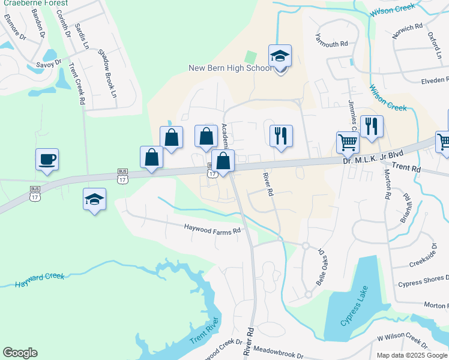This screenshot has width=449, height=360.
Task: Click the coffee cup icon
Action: (47, 160)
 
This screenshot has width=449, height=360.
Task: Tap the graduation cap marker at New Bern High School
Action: (280, 56)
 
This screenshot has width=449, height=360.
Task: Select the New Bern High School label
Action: (231, 68)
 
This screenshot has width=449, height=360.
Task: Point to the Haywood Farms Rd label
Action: (212, 229)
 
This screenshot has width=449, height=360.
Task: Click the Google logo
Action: (20, 353)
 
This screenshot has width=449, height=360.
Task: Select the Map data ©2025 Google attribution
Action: (412, 355)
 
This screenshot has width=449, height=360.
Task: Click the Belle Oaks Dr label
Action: (323, 266)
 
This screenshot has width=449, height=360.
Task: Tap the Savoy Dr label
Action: (49, 63)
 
